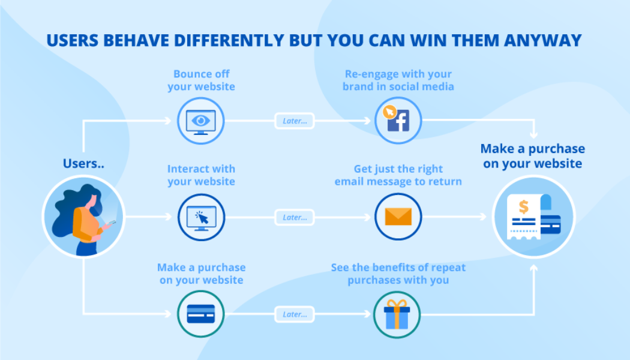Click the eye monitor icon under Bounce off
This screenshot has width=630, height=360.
201,121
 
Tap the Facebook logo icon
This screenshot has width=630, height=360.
398,121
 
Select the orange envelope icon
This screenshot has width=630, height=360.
398,217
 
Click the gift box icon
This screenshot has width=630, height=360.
397,314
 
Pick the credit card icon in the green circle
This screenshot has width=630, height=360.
201,314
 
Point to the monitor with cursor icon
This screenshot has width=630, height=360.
201,218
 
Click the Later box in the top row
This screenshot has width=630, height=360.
295,121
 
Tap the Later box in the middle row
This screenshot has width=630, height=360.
295,217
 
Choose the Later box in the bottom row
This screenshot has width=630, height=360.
295,314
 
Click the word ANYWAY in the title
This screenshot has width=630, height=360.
543,40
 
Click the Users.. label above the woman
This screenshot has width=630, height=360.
83,164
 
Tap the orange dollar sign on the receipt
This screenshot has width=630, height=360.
524,206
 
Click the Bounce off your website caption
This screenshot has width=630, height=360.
201,80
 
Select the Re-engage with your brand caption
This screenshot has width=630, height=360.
398,80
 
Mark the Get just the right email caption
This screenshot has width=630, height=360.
398,175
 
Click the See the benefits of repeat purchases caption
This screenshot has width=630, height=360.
398,274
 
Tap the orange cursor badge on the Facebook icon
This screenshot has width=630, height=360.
389,112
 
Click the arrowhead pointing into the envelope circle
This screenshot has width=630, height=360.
367,217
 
